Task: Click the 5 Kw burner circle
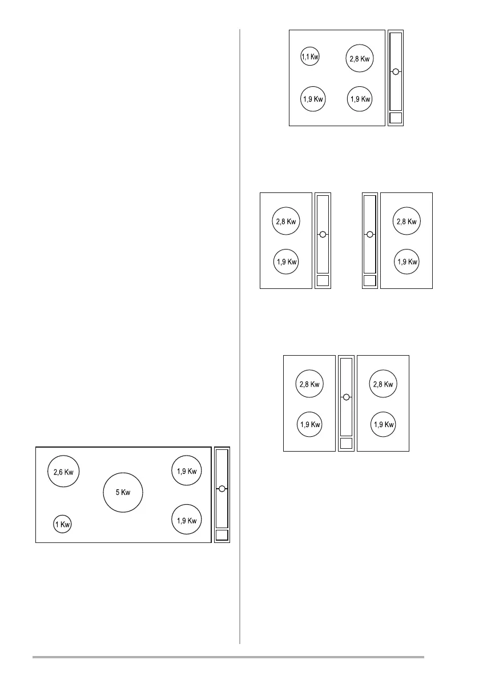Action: click(x=123, y=492)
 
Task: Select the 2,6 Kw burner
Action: click(x=63, y=472)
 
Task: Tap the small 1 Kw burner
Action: click(x=63, y=524)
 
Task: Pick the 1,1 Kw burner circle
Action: click(x=310, y=57)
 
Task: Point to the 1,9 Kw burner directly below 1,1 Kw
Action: click(x=313, y=99)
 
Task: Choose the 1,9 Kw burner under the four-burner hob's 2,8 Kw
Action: click(x=360, y=99)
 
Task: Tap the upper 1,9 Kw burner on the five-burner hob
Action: click(x=187, y=471)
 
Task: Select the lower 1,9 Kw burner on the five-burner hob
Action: click(x=187, y=520)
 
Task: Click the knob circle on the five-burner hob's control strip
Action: click(x=222, y=488)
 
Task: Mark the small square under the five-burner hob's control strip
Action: click(x=222, y=535)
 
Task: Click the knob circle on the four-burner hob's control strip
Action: click(x=395, y=72)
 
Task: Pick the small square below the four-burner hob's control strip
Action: click(x=395, y=118)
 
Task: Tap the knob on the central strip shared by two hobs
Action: click(x=346, y=397)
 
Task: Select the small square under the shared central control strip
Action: click(x=346, y=444)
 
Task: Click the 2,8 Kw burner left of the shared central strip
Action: click(x=309, y=384)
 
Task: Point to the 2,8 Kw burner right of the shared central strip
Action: click(x=383, y=384)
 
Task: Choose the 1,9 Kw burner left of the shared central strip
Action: click(x=309, y=424)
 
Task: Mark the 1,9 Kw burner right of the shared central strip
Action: click(x=383, y=424)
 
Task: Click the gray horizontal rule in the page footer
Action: click(x=228, y=657)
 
